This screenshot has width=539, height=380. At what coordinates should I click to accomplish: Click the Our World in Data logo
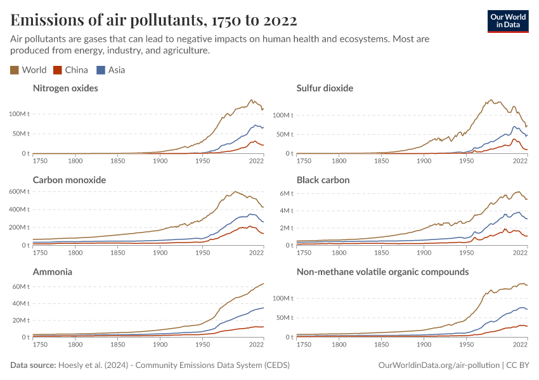click(x=507, y=20)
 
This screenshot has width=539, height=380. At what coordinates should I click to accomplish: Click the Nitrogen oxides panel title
click(x=65, y=88)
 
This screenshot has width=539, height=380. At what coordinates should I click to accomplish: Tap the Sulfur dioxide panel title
click(x=325, y=88)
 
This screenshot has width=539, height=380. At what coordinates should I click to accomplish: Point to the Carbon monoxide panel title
click(x=69, y=180)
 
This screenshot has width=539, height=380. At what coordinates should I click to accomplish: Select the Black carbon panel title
click(x=323, y=180)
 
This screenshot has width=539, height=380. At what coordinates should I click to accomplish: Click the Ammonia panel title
click(x=52, y=272)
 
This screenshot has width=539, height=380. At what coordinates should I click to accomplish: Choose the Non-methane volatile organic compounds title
click(x=382, y=272)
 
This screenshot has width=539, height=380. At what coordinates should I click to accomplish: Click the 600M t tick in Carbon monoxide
click(x=17, y=191)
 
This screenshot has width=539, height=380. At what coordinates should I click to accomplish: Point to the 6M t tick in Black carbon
click(x=285, y=193)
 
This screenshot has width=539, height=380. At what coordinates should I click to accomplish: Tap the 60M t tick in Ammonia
click(x=19, y=287)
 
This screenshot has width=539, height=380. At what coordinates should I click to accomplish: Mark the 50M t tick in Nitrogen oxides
click(x=19, y=134)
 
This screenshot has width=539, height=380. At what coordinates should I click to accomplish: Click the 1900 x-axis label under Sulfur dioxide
click(x=424, y=161)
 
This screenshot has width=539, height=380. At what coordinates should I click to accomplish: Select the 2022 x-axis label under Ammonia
click(x=256, y=345)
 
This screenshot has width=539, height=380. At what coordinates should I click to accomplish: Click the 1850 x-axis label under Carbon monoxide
click(x=117, y=253)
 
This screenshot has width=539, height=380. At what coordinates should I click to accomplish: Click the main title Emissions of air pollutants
click(x=153, y=20)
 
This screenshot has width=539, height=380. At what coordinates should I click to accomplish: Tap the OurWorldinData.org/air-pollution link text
click(x=438, y=365)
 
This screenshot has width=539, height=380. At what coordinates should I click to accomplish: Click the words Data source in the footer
click(x=33, y=365)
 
